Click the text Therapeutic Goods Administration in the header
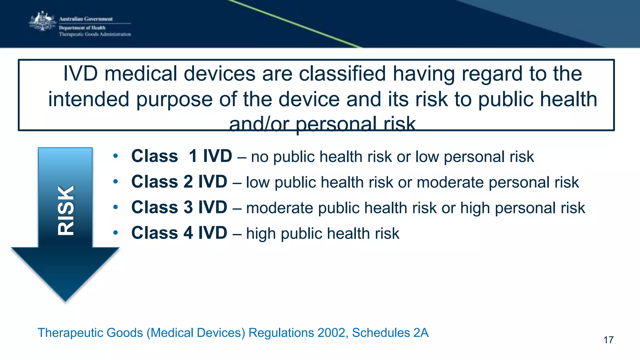click(x=95, y=34)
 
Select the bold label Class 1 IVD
click(x=181, y=156)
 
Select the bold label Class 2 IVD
click(x=179, y=182)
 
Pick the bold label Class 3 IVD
click(x=179, y=207)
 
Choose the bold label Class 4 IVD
click(x=179, y=233)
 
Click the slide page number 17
click(x=608, y=340)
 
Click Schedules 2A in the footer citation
click(x=390, y=333)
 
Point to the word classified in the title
click(x=342, y=74)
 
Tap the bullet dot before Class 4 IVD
click(x=116, y=233)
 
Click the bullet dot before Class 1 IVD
click(x=116, y=156)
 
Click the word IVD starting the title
click(x=81, y=74)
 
